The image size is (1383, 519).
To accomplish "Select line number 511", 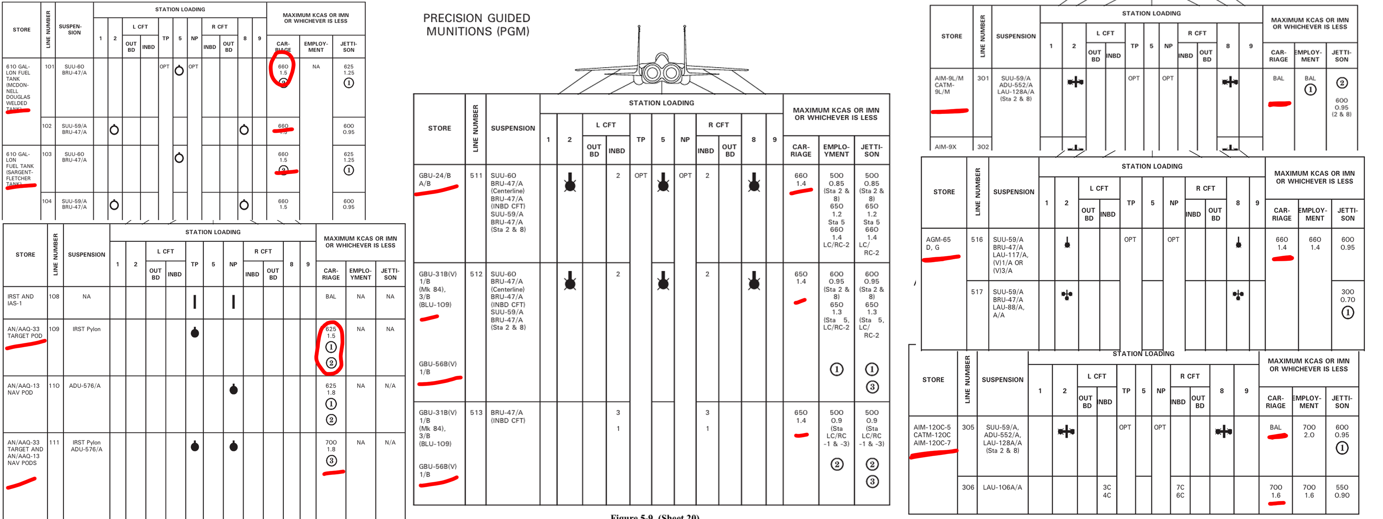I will tap(476, 176).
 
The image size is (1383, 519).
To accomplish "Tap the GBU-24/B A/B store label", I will tap(435, 180).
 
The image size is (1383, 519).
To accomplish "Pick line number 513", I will tap(476, 413).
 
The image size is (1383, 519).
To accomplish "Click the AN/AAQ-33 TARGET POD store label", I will tap(25, 333).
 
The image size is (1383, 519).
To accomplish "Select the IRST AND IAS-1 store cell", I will tap(20, 300).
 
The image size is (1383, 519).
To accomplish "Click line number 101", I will tap(49, 67).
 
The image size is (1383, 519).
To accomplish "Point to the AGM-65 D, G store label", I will tap(938, 243).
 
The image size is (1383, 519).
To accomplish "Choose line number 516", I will tap(977, 240).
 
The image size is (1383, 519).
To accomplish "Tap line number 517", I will tap(977, 292).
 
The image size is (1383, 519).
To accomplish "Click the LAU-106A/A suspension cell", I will tap(1002, 487).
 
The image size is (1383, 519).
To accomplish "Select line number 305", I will tap(968, 427).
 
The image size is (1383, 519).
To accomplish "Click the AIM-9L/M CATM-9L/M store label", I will tap(949, 85).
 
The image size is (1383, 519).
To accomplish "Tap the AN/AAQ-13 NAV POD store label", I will tap(24, 389).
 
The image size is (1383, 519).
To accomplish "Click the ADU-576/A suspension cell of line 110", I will tap(84, 386).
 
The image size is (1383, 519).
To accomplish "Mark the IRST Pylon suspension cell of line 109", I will tap(86, 329).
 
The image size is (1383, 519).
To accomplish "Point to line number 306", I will tap(968, 487).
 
